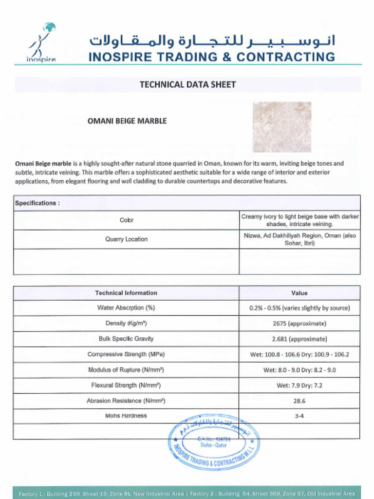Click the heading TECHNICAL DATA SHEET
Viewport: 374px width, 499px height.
187,84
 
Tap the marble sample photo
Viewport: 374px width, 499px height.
281,127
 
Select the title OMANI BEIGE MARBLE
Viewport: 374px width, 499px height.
127,121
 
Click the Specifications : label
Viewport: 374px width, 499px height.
37,203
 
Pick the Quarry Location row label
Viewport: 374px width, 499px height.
126,239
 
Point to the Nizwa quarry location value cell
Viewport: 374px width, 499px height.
299,239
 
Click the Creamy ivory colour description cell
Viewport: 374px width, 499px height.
299,220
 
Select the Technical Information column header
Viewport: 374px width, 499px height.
126,293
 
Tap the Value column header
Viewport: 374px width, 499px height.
299,293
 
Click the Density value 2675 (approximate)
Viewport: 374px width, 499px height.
299,324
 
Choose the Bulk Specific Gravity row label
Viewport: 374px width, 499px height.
126,339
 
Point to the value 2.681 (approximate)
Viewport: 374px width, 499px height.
299,339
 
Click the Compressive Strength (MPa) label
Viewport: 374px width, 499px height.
126,354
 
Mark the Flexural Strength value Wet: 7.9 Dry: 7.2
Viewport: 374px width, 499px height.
299,385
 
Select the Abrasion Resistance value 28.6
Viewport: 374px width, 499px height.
299,401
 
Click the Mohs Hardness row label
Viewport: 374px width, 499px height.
126,416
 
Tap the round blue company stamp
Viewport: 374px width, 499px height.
214,442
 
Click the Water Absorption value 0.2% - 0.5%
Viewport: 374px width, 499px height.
299,308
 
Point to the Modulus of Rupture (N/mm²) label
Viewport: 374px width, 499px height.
126,370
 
